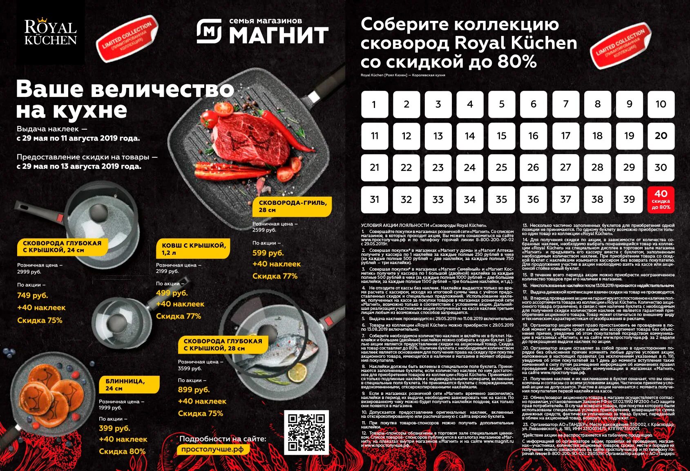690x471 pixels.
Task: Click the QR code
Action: pyautogui.click(x=306, y=432)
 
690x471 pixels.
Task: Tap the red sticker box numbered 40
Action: pyautogui.click(x=661, y=200)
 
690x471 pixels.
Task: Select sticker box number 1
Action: pyautogui.click(x=374, y=104)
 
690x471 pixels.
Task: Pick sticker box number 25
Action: pyautogui.click(x=501, y=168)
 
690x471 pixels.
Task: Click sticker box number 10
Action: pyautogui.click(x=661, y=104)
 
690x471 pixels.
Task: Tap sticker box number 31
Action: pyautogui.click(x=374, y=200)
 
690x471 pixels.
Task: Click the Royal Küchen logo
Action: pyautogui.click(x=50, y=32)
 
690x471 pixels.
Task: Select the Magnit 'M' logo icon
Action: pyautogui.click(x=209, y=31)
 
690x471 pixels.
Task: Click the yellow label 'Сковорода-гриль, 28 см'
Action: pyautogui.click(x=292, y=206)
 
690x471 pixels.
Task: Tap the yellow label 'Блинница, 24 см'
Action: pyautogui.click(x=129, y=384)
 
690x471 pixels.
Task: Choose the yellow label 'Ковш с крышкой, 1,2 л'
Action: pyautogui.click(x=193, y=249)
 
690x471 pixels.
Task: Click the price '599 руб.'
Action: pyautogui.click(x=268, y=253)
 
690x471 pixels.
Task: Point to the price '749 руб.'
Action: pyautogui.click(x=33, y=295)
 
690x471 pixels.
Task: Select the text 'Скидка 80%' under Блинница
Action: pyautogui.click(x=122, y=451)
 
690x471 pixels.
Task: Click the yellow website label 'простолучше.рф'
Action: pyautogui.click(x=212, y=449)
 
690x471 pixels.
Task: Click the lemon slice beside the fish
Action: pyautogui.click(x=297, y=372)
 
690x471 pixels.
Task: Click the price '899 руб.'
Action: pyautogui.click(x=194, y=390)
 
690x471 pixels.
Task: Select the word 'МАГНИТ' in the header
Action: pyautogui.click(x=279, y=35)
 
